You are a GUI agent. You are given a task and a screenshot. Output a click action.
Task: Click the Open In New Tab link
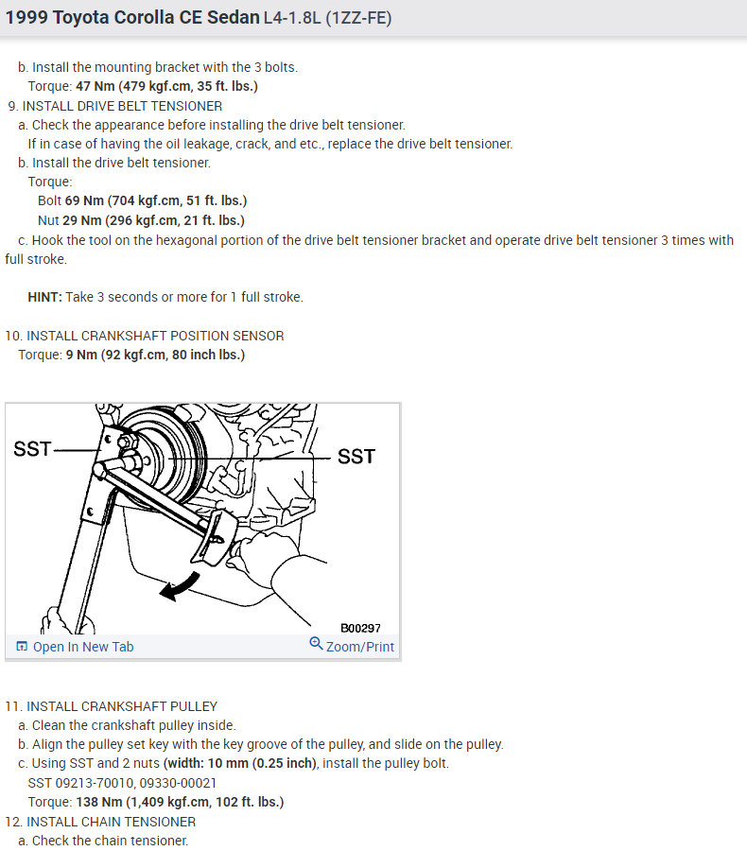coord(82,647)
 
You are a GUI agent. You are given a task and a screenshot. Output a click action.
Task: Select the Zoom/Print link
coord(359,647)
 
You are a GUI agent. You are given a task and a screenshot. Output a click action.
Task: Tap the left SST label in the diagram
coord(32,449)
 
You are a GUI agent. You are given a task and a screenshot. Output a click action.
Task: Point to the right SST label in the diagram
coord(356,457)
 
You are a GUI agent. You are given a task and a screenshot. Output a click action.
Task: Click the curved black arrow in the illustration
coord(180,586)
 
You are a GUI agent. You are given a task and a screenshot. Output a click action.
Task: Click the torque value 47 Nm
coord(95,86)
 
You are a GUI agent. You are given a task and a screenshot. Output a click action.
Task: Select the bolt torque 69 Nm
coord(84,200)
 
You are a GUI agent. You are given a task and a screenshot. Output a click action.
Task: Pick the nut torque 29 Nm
coord(81,220)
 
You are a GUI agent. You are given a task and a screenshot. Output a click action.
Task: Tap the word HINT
coord(44,297)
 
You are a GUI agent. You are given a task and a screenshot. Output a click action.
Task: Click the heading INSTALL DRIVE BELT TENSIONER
coord(122,106)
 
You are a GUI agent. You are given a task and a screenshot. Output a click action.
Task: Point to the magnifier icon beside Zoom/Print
coord(316,644)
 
